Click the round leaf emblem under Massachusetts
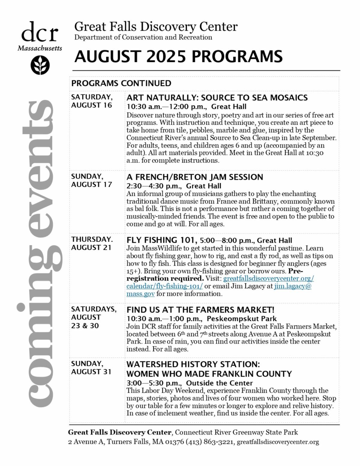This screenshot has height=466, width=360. point(40,65)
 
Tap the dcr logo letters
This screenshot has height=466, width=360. point(40,33)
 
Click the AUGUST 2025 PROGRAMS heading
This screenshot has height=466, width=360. point(178,56)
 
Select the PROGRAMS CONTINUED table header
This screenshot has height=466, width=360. point(121,83)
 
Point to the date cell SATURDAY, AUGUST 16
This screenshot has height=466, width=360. point(92,101)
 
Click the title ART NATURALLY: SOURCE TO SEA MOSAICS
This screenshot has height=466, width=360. point(217,98)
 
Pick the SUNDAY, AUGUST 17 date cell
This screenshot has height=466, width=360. point(91,180)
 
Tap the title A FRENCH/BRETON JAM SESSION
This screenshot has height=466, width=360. point(195,177)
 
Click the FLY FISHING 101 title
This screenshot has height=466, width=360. point(162,240)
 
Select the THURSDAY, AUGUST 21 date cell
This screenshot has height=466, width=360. point(92,243)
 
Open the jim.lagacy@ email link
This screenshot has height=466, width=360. point(293,286)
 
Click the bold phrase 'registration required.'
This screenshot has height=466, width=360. point(165,278)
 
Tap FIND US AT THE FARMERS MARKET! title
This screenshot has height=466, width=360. point(200,310)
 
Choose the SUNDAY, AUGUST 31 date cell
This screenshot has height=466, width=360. point(91,368)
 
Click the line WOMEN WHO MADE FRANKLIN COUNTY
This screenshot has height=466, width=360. point(209,374)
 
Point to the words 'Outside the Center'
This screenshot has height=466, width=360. point(219,383)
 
